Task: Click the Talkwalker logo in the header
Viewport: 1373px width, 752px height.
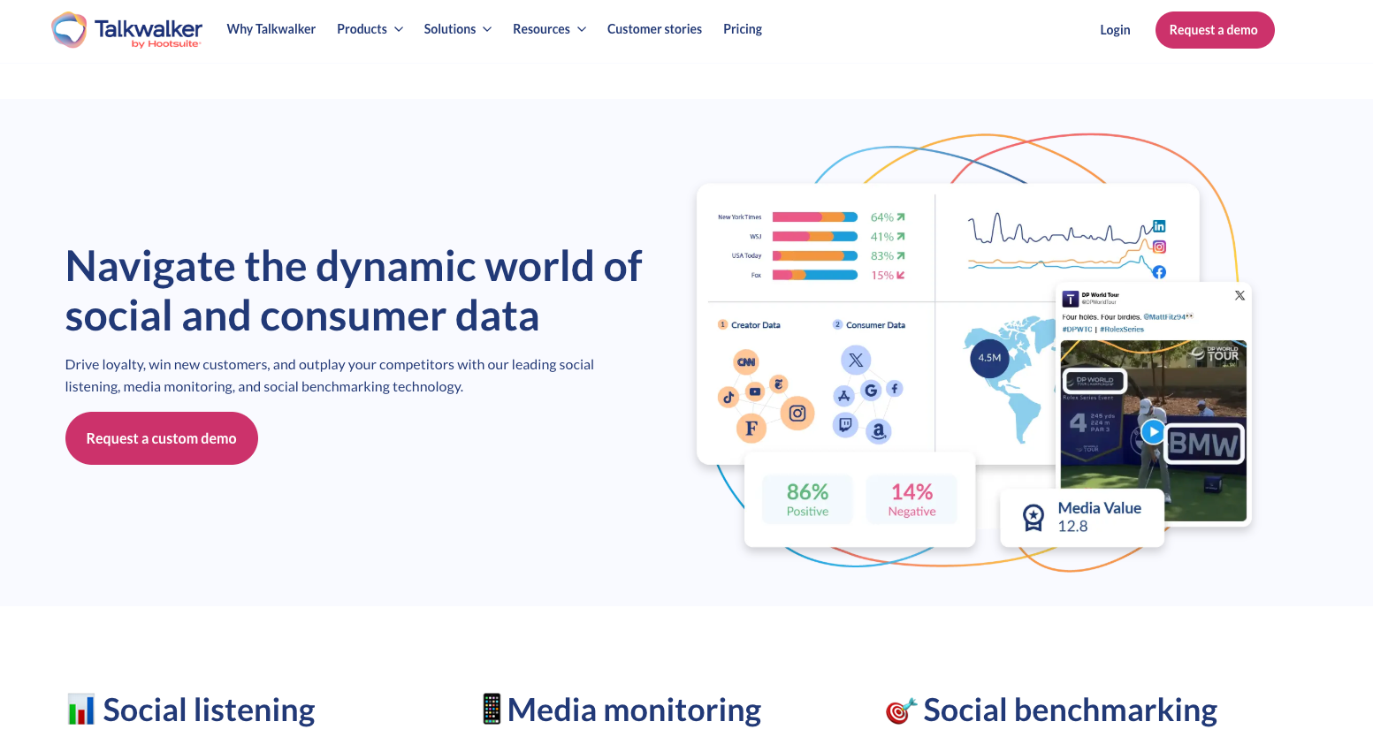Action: (126, 30)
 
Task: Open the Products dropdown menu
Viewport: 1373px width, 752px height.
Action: (370, 29)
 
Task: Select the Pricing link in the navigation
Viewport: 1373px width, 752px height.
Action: (742, 29)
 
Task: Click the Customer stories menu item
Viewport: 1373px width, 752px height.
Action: (654, 29)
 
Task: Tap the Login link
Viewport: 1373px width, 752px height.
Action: (1115, 30)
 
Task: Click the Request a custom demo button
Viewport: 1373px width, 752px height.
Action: (161, 438)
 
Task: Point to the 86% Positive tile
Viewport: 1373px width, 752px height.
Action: (807, 499)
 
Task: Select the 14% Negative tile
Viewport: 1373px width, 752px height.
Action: (912, 499)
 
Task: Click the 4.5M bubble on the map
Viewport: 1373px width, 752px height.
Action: (989, 358)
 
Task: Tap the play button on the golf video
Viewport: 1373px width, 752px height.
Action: (1152, 431)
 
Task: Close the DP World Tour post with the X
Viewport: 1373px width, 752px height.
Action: (1240, 295)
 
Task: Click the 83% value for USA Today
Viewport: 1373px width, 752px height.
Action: (881, 256)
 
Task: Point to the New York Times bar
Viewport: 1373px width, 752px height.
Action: (814, 217)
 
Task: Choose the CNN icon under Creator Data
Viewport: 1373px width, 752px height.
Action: (746, 361)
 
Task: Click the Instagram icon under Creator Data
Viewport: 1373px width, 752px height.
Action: (797, 413)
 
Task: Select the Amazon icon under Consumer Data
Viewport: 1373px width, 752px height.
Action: (878, 430)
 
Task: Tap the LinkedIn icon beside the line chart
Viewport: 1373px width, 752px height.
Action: (1159, 226)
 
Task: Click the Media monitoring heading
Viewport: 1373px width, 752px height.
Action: (634, 710)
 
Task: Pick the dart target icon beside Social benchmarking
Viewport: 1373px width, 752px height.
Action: (901, 710)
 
